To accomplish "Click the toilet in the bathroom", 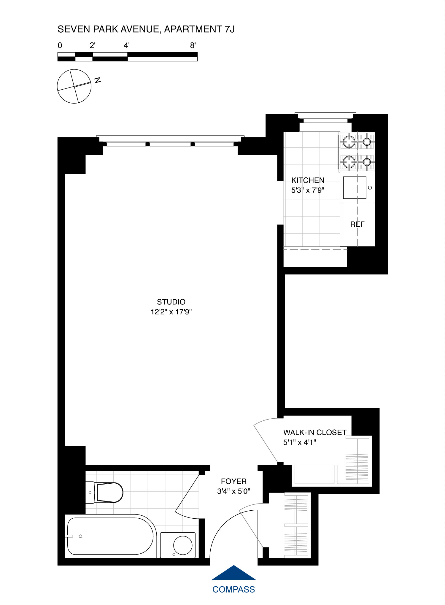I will pos(108,492).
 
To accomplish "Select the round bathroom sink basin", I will pos(182,545).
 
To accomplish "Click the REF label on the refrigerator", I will pos(357,224).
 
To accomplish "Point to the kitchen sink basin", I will pos(355,188).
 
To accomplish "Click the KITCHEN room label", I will pos(308,180).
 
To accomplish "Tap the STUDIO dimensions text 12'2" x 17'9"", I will pos(171,312).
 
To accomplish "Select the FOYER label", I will pos(234,481).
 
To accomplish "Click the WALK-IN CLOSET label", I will pos(315,432).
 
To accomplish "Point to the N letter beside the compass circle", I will pos(98,80).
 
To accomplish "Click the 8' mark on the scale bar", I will pos(193,45).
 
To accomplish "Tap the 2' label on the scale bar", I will pos(92,45).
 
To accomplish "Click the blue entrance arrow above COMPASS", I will pos(234,574).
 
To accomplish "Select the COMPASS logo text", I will pos(234,590).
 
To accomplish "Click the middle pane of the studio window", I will pos(170,144).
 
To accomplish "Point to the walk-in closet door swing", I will pos(267,439).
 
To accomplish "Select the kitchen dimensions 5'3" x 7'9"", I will pos(308,190).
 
